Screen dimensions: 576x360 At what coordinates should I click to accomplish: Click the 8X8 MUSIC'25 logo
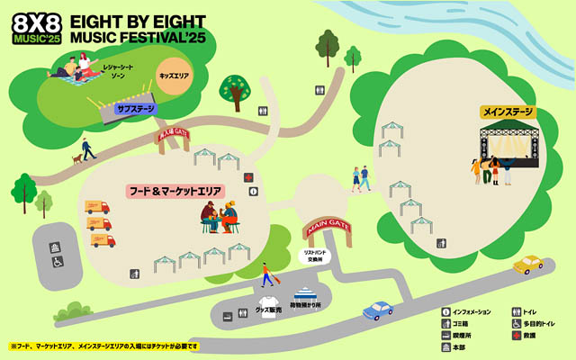click(x=36, y=28)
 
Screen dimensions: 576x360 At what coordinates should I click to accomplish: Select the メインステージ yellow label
click(x=508, y=112)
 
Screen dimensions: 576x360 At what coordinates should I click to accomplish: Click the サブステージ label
click(x=136, y=110)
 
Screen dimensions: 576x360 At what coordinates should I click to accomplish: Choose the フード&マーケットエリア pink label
click(x=174, y=192)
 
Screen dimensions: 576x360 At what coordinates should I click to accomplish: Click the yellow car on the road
click(x=528, y=264)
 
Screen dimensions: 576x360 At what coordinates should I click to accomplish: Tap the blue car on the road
click(x=378, y=310)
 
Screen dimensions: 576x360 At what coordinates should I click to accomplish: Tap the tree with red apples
click(x=234, y=90)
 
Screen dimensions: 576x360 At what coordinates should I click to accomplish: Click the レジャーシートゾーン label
click(x=115, y=71)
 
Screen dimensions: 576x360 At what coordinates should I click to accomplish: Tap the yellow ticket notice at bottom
click(x=103, y=346)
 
